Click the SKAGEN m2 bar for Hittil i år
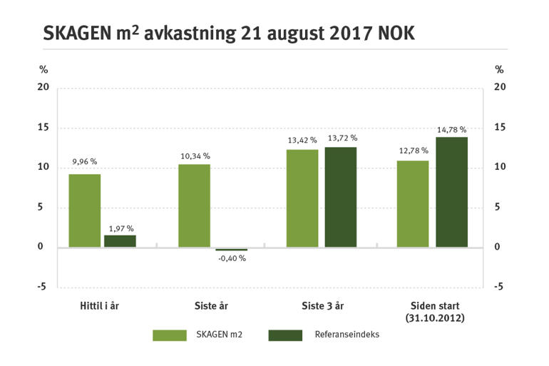84,210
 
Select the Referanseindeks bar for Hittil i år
120,241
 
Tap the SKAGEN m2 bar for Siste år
194,205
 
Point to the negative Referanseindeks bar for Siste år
231,249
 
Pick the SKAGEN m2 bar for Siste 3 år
302,198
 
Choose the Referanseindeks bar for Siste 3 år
340,197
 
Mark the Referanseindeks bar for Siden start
451,192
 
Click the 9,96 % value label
84,163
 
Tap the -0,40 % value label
231,258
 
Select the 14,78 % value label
451,130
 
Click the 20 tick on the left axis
44,87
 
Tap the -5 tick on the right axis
499,287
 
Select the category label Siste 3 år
322,305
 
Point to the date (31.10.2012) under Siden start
434,317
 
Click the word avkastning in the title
187,34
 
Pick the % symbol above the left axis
43,69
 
